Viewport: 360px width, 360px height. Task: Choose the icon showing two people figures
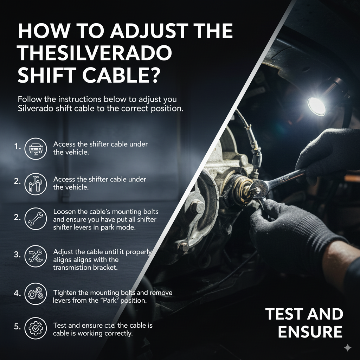pyautogui.click(x=36, y=184)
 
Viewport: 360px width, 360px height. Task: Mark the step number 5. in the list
pyautogui.click(x=17, y=326)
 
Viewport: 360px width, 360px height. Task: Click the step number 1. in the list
pyautogui.click(x=17, y=146)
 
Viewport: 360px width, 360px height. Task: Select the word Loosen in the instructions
pyautogui.click(x=64, y=212)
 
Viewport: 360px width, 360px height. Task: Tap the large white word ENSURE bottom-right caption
pyautogui.click(x=310, y=332)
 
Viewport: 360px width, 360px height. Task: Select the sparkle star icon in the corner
pyautogui.click(x=347, y=347)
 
